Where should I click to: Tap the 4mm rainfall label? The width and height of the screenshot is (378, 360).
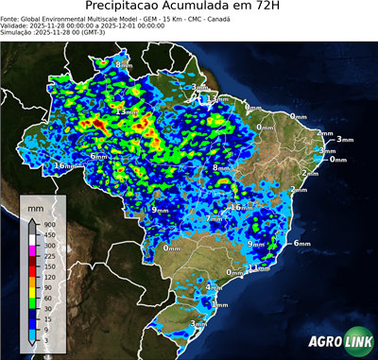(x=215, y=287)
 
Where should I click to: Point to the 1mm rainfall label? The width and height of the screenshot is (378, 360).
(x=220, y=305)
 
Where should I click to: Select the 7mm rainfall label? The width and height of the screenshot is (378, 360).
(x=215, y=218)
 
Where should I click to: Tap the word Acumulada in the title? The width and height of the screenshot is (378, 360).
(x=196, y=7)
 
